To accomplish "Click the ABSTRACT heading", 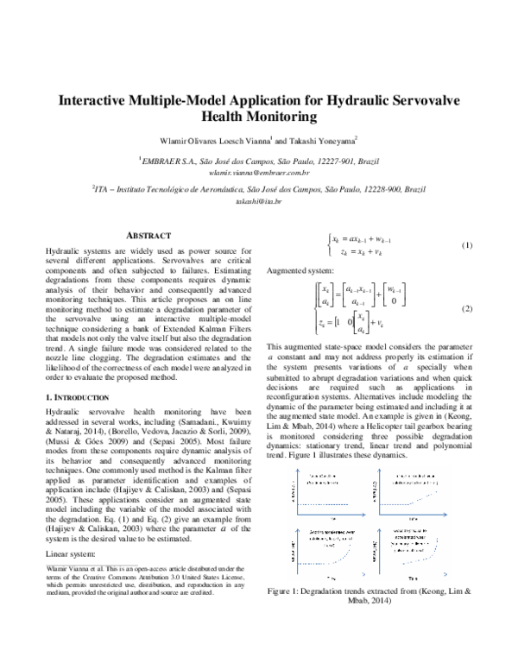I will (x=149, y=235).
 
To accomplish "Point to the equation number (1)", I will (x=467, y=245).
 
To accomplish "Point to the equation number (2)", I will (x=467, y=308).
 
